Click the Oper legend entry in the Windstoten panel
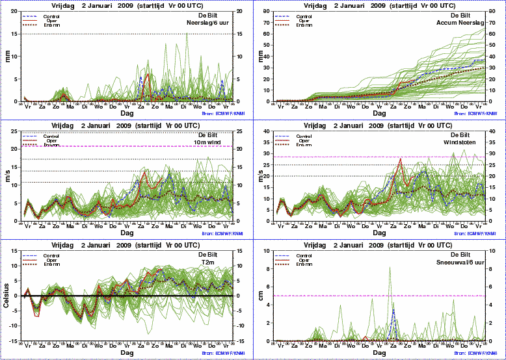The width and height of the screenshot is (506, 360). point(303,140)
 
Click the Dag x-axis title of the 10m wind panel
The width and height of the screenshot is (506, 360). point(127,232)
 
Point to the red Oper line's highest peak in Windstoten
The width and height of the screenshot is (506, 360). point(401,159)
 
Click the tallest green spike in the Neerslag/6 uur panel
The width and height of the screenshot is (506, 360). point(187,34)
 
